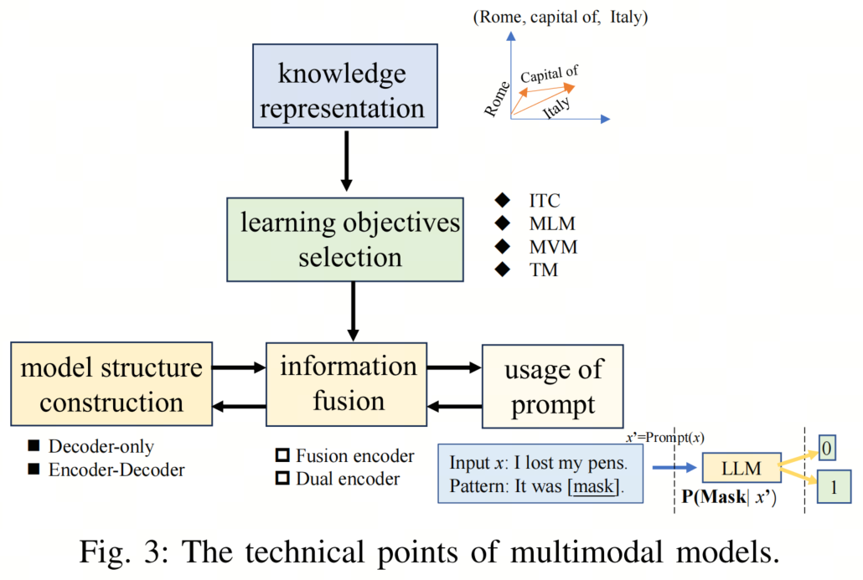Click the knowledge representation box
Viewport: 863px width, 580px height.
[x=345, y=86]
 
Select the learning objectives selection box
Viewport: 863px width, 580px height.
[x=345, y=239]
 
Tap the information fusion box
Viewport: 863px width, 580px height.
[x=347, y=384]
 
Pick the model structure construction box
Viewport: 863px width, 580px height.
[x=111, y=383]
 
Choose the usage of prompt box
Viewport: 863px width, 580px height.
[x=553, y=387]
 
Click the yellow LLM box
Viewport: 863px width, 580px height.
[x=742, y=468]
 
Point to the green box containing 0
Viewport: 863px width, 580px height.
[x=827, y=448]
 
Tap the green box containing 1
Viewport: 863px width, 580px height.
[x=834, y=486]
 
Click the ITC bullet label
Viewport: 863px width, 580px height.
[x=545, y=201]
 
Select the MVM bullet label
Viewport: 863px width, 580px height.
[x=553, y=247]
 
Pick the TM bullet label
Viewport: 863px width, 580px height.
[x=543, y=270]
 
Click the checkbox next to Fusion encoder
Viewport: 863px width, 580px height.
[x=282, y=455]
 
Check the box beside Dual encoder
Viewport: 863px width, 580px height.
[x=282, y=478]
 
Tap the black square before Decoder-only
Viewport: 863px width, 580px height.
[x=34, y=445]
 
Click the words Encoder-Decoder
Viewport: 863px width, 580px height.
[x=116, y=470]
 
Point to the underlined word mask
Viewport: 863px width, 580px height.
[x=593, y=486]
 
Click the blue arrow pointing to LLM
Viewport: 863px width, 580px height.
[x=674, y=468]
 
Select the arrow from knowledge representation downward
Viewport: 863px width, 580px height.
[x=346, y=161]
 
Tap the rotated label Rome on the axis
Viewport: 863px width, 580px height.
[x=497, y=99]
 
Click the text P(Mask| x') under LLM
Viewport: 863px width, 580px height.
[x=729, y=497]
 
